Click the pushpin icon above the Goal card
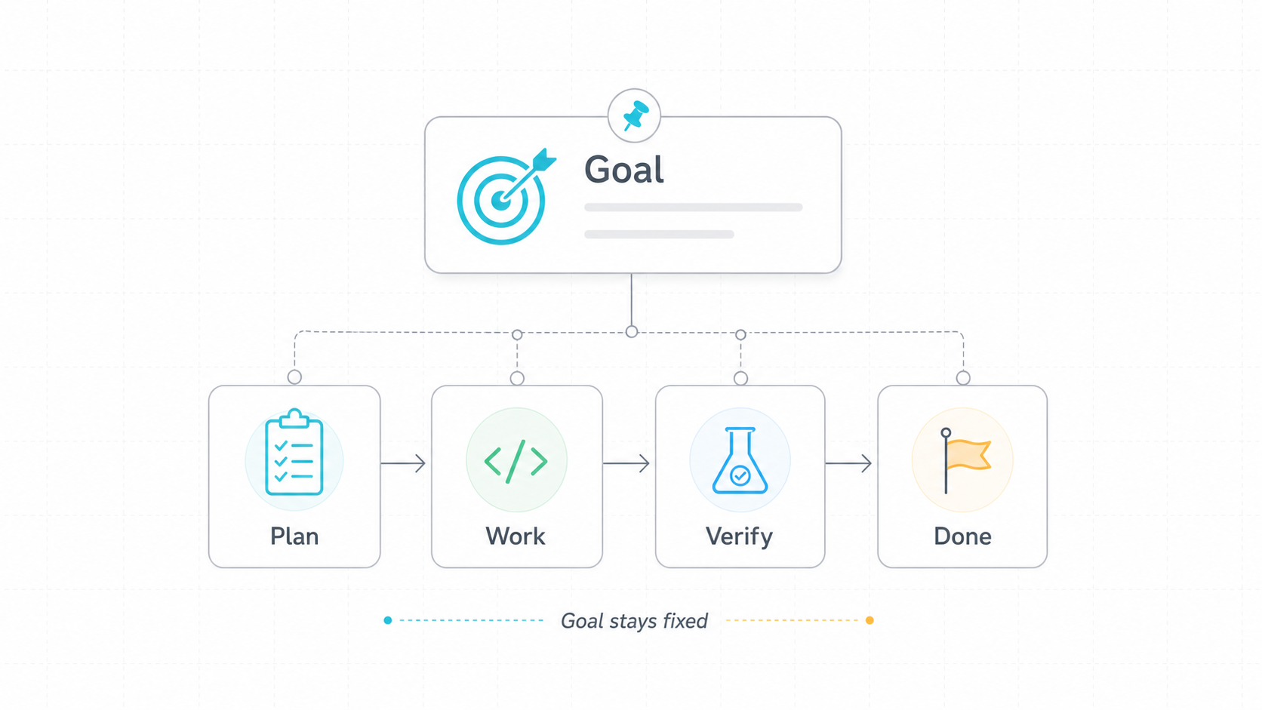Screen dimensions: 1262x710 pos(635,115)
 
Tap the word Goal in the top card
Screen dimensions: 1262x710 pos(624,170)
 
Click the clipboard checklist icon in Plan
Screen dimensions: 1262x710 pos(294,453)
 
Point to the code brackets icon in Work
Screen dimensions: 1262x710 pos(516,462)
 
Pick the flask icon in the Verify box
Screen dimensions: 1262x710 pos(740,460)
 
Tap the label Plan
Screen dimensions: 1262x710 pos(294,536)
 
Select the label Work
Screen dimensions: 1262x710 pos(516,536)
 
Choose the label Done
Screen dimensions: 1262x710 pos(962,536)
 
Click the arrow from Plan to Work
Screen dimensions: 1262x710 pos(403,463)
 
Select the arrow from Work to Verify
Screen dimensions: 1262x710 pos(626,463)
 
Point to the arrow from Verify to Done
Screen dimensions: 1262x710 pos(848,463)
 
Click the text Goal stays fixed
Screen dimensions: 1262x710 pos(634,621)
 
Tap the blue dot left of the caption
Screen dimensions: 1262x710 pos(388,620)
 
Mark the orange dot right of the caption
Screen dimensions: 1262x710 pos(870,620)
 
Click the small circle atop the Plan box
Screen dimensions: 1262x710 pos(294,377)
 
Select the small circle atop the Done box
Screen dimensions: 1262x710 pos(963,378)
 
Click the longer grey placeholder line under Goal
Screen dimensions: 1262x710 pos(694,207)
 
